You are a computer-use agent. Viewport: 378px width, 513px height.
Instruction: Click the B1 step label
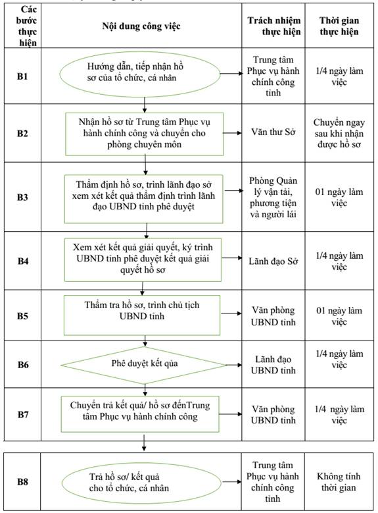click(22, 76)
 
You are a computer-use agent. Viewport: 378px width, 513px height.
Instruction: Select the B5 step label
click(22, 315)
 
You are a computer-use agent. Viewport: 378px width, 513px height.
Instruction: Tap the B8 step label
click(22, 481)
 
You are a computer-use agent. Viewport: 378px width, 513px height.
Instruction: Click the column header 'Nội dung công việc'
click(141, 26)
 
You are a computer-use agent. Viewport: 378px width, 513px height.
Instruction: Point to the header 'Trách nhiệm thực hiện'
click(273, 26)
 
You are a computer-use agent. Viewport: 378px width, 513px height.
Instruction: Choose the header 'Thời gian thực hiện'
click(339, 26)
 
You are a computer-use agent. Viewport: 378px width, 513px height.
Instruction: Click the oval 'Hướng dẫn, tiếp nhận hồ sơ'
click(140, 74)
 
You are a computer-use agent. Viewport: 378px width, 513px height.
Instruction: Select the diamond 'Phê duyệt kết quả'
click(144, 364)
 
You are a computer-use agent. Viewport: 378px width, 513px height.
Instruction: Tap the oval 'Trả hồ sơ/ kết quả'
click(142, 482)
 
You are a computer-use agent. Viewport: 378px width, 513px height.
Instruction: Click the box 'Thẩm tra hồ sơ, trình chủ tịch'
click(142, 315)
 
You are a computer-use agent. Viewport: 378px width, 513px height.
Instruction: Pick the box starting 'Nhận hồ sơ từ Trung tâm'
click(145, 134)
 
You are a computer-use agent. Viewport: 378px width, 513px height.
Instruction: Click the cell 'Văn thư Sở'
click(273, 132)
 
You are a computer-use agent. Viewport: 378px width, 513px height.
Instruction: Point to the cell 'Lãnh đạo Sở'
click(273, 261)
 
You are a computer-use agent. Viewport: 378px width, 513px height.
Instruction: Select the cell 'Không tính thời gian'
click(339, 482)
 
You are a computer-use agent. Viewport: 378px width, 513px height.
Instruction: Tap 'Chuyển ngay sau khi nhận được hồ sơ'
click(339, 133)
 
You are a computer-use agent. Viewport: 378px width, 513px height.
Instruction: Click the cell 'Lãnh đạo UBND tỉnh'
click(273, 365)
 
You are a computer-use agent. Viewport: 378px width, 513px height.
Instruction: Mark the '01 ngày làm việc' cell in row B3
click(339, 198)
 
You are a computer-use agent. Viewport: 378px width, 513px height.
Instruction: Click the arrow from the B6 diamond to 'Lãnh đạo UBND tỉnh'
click(234, 364)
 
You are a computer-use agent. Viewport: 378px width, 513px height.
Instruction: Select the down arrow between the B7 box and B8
click(144, 443)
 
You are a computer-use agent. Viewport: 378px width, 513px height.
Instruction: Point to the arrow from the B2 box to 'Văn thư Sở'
click(232, 133)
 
